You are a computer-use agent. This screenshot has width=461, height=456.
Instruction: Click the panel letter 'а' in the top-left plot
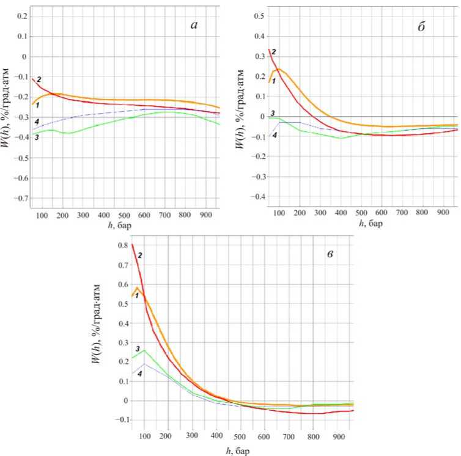pos(194,25)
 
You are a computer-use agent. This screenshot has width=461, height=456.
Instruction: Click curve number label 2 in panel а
pos(39,79)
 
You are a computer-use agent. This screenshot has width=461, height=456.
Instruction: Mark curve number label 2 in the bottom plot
pos(140,254)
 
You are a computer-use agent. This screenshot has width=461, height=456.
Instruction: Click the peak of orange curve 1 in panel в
pos(138,287)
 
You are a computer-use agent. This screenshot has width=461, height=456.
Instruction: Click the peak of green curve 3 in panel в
pos(144,350)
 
